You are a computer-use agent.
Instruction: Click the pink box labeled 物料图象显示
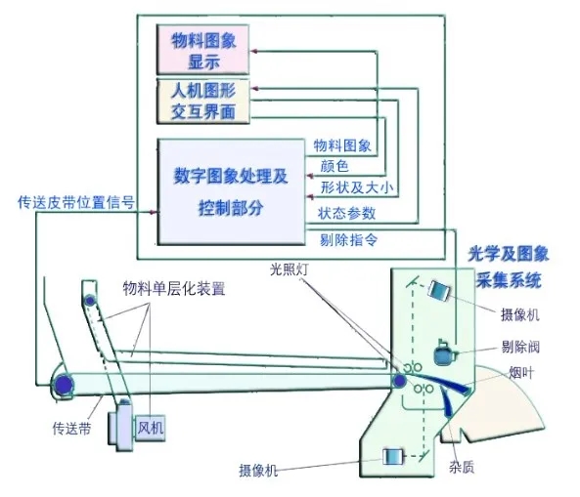pyautogui.click(x=202, y=50)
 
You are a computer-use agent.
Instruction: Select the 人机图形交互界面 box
pyautogui.click(x=203, y=102)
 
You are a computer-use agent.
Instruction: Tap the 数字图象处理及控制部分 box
pyautogui.click(x=231, y=192)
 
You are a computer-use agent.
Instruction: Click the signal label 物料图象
pyautogui.click(x=342, y=145)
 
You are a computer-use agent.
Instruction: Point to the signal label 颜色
pyautogui.click(x=335, y=166)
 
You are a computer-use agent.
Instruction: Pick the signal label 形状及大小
pyautogui.click(x=357, y=187)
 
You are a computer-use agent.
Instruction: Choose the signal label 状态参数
pyautogui.click(x=346, y=213)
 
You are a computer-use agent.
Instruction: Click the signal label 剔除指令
pyautogui.click(x=348, y=240)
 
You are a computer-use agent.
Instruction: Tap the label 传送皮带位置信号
pyautogui.click(x=76, y=202)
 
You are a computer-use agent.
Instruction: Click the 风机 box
pyautogui.click(x=151, y=428)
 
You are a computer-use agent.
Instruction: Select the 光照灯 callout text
pyautogui.click(x=289, y=269)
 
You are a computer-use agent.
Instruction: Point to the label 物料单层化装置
pyautogui.click(x=174, y=288)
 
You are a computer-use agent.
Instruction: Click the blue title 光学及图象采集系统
pyautogui.click(x=509, y=267)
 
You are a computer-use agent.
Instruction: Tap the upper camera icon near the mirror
pyautogui.click(x=439, y=291)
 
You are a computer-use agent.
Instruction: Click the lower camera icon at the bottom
pyautogui.click(x=393, y=457)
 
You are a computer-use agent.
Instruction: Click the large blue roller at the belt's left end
pyautogui.click(x=64, y=385)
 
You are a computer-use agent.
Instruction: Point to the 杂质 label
pyautogui.click(x=462, y=468)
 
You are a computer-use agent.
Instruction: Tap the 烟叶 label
pyautogui.click(x=522, y=373)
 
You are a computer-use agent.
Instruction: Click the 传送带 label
pyautogui.click(x=71, y=429)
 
